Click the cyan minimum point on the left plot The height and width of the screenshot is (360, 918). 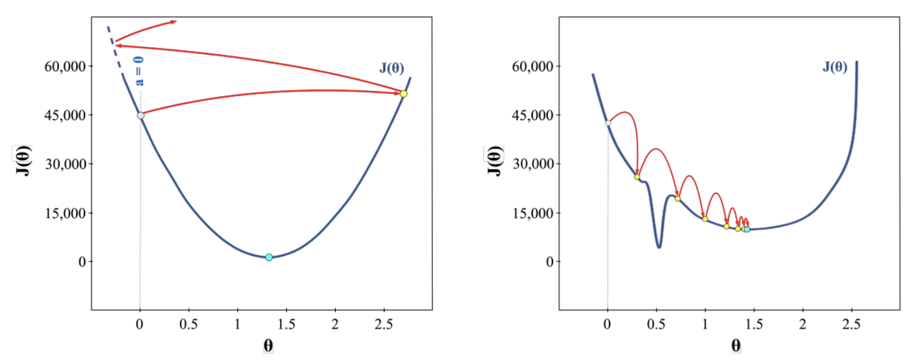click(x=269, y=257)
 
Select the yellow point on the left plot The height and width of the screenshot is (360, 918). click(x=403, y=93)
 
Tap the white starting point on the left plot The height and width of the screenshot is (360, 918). click(x=140, y=115)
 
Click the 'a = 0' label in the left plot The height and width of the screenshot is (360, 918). click(x=139, y=71)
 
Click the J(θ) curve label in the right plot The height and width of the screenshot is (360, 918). click(x=835, y=67)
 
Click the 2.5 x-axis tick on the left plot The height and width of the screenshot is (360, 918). click(x=383, y=324)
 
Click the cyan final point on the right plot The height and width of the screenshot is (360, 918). click(x=747, y=229)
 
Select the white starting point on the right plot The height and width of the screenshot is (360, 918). click(x=608, y=123)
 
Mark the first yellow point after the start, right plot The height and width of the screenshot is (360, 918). click(x=637, y=177)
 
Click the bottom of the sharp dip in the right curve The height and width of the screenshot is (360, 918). click(x=659, y=247)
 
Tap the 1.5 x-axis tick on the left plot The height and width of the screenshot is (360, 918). click(x=286, y=324)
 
